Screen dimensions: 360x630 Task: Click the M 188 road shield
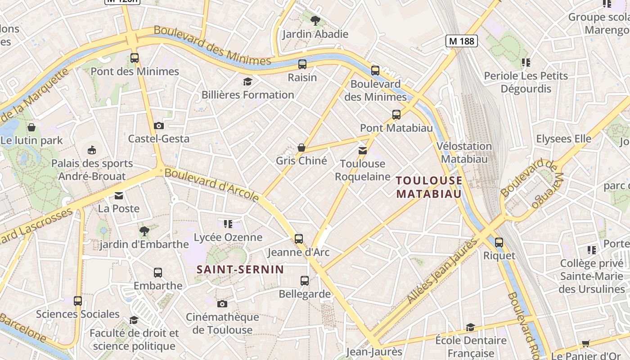pyautogui.click(x=461, y=41)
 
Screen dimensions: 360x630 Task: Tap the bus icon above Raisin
pyautogui.click(x=302, y=64)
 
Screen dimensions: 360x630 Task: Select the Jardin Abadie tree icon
pyautogui.click(x=315, y=20)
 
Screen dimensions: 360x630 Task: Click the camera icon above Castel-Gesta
pyautogui.click(x=158, y=126)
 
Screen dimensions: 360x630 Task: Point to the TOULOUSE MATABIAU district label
pyautogui.click(x=429, y=187)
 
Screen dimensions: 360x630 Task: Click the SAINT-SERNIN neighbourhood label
pyautogui.click(x=240, y=270)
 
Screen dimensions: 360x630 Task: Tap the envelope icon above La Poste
pyautogui.click(x=119, y=196)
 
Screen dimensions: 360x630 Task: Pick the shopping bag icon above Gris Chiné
pyautogui.click(x=301, y=148)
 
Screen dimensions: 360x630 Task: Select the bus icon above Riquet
pyautogui.click(x=499, y=243)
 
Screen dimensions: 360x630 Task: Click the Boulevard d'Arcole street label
pyautogui.click(x=211, y=184)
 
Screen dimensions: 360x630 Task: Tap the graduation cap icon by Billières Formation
pyautogui.click(x=247, y=81)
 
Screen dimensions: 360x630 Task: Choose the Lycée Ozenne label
pyautogui.click(x=228, y=237)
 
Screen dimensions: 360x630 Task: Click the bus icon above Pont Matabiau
pyautogui.click(x=396, y=115)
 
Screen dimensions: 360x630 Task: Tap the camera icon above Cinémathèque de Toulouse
pyautogui.click(x=222, y=304)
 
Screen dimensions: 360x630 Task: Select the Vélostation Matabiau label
pyautogui.click(x=464, y=153)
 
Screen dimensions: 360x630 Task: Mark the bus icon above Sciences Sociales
pyautogui.click(x=78, y=301)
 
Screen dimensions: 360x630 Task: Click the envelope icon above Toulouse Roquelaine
pyautogui.click(x=363, y=150)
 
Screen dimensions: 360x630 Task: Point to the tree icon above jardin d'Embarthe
pyautogui.click(x=144, y=231)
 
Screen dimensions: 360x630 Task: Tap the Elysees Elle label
pyautogui.click(x=563, y=139)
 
